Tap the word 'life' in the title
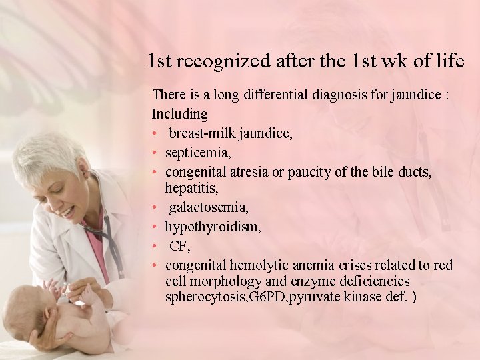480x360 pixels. tap(451, 61)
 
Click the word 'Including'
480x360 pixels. tap(180, 114)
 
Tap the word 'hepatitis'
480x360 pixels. tap(191, 189)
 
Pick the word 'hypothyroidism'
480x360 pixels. tap(212, 227)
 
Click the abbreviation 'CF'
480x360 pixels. tap(179, 246)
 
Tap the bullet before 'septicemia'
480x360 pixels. tap(155, 153)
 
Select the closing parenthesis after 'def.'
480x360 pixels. tap(415, 297)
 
